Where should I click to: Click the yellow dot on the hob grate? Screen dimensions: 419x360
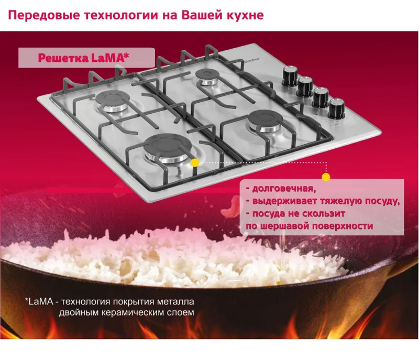195,162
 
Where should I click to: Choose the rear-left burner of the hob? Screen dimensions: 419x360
112,101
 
